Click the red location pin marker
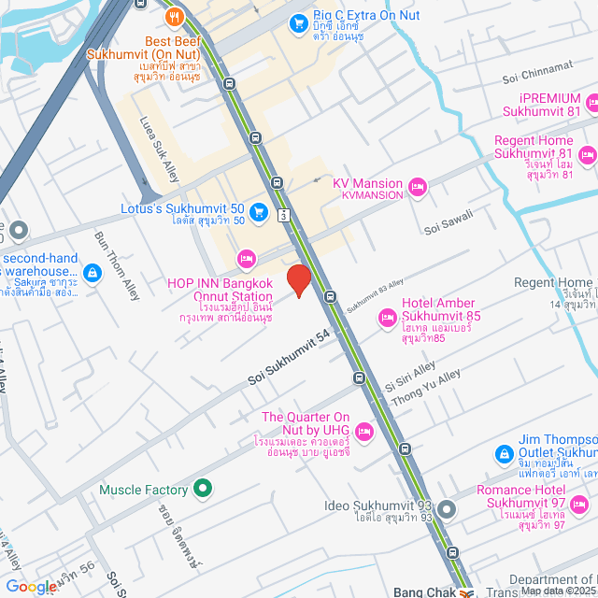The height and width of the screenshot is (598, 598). click(298, 280)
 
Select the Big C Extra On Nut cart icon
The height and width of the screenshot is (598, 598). click(299, 22)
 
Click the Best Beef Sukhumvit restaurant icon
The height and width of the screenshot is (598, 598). click(173, 16)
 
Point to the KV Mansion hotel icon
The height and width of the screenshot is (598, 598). click(417, 188)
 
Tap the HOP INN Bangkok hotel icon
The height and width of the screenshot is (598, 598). click(246, 256)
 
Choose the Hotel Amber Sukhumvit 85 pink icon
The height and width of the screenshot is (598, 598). click(387, 320)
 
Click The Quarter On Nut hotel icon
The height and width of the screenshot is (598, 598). click(364, 432)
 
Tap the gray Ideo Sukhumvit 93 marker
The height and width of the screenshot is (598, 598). click(447, 510)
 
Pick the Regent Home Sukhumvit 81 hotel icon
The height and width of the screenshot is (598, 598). click(588, 154)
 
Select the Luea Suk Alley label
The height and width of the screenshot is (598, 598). click(158, 149)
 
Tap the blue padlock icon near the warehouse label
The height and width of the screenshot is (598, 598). click(92, 273)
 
